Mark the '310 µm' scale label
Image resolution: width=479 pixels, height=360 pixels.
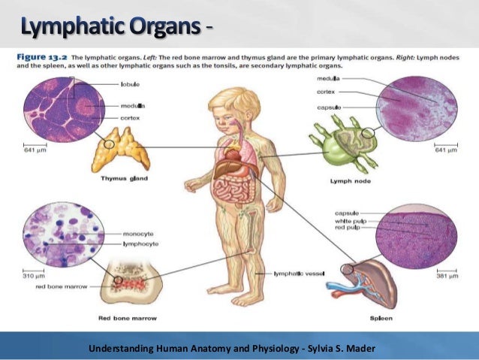[34, 275]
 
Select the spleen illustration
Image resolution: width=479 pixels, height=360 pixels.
[368, 285]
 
